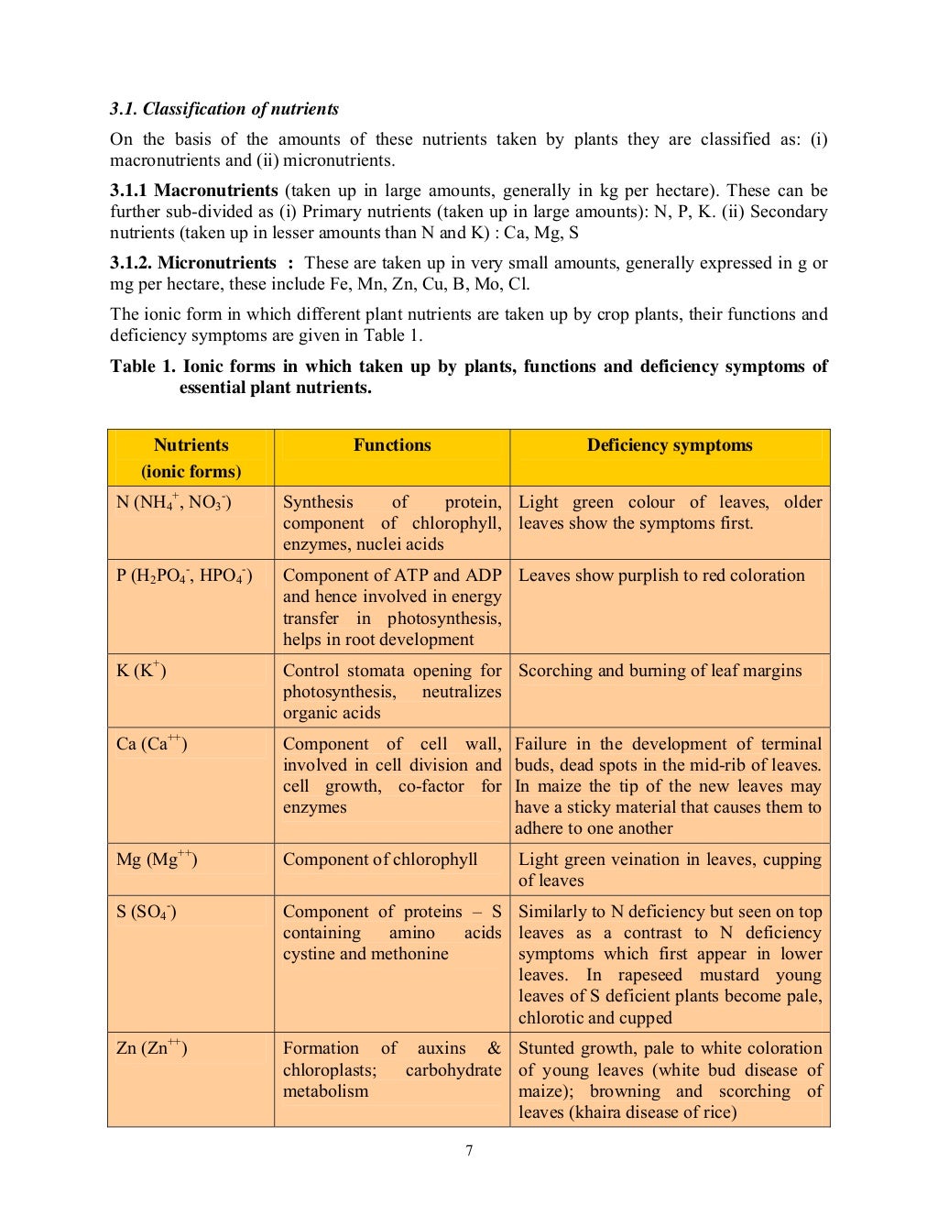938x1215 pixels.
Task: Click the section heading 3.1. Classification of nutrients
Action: [224, 109]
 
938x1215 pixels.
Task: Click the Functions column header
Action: [392, 445]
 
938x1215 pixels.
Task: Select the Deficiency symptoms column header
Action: [670, 445]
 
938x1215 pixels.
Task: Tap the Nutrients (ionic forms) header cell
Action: [191, 458]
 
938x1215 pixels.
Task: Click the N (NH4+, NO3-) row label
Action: [173, 502]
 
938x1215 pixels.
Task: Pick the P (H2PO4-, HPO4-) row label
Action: [184, 575]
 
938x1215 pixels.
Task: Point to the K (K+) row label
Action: [141, 671]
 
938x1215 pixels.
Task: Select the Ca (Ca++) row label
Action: [151, 744]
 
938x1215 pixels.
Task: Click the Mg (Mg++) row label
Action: [157, 859]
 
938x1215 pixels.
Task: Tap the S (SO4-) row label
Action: [147, 912]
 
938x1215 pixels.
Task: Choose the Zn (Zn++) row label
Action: [151, 1048]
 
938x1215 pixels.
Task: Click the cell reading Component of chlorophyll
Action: [380, 859]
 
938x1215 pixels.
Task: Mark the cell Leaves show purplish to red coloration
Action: [661, 575]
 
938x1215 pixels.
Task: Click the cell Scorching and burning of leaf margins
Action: [660, 671]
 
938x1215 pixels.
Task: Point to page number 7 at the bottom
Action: [469, 1151]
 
